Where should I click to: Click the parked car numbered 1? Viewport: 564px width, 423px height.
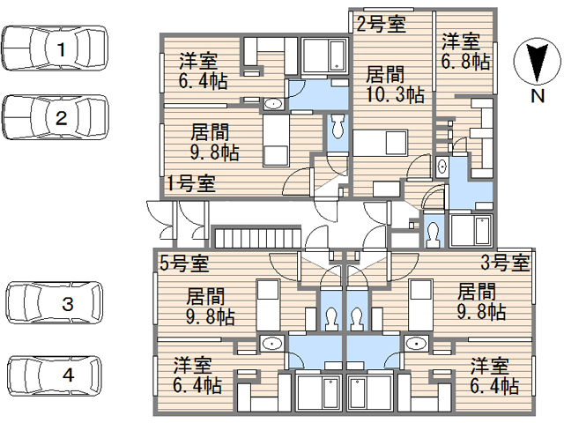tap(55, 48)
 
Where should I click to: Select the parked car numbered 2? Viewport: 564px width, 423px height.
tap(55, 117)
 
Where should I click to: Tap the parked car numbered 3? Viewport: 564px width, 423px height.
tap(55, 302)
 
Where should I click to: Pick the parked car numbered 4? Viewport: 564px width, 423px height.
tap(55, 375)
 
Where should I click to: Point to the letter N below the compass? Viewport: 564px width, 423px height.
tap(538, 96)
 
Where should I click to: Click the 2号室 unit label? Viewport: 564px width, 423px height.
tap(381, 25)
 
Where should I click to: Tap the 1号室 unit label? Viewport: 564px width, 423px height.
tap(191, 183)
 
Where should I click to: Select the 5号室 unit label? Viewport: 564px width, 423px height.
tap(184, 263)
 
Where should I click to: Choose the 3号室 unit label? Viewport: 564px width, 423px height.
tap(505, 263)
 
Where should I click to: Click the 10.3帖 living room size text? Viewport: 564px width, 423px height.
tap(395, 95)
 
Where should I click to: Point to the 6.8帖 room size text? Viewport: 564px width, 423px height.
tap(465, 62)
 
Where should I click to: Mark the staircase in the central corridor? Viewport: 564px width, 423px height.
tap(257, 237)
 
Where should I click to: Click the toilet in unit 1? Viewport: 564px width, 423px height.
tap(337, 126)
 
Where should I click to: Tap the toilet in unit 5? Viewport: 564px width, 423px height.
tap(331, 318)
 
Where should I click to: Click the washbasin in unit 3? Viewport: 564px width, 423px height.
tap(416, 344)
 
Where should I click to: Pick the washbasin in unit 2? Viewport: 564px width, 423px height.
tap(442, 167)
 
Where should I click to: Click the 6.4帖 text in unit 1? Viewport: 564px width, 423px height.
tap(204, 81)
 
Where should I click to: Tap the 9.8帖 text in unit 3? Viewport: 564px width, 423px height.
tap(482, 312)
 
